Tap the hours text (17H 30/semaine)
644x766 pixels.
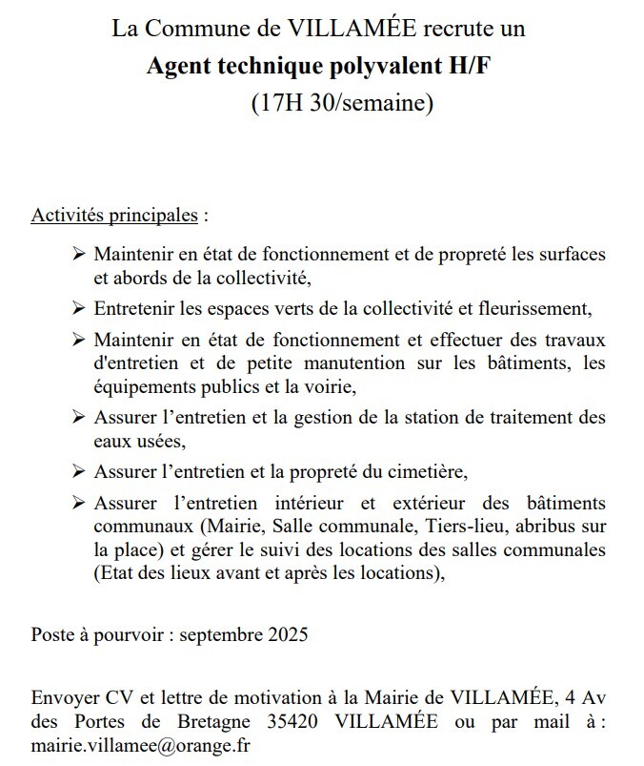tap(341, 102)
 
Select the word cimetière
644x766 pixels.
tap(423, 471)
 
